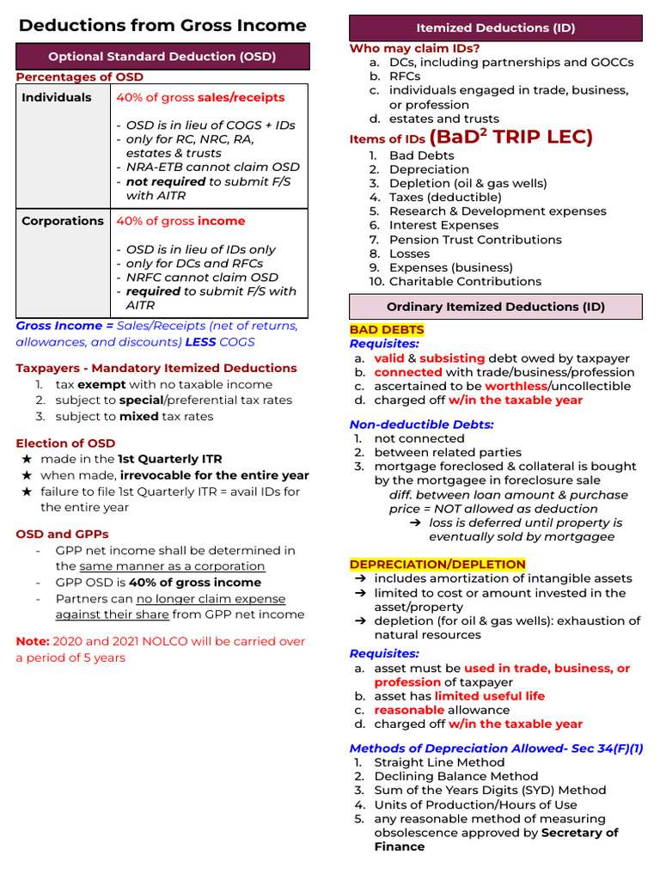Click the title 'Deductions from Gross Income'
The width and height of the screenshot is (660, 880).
[x=162, y=25]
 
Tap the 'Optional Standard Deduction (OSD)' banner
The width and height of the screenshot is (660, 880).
[x=162, y=57]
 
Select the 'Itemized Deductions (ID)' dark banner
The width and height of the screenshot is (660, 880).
[x=495, y=28]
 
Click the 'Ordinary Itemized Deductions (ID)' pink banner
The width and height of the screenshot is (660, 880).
[x=495, y=307]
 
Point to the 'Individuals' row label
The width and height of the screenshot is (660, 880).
[x=57, y=98]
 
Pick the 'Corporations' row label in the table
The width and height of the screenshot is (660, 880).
[x=63, y=222]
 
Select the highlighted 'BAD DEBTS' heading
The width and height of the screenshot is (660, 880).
[x=386, y=330]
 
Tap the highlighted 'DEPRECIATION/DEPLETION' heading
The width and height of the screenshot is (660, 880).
[x=437, y=565]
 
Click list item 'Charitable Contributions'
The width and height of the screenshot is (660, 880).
[x=465, y=282]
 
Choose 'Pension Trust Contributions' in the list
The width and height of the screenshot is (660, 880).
[x=475, y=240]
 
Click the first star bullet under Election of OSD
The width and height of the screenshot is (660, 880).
[x=27, y=460]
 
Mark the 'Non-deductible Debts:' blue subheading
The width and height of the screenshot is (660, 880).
[x=421, y=425]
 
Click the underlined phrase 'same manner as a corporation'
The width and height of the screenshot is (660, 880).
[x=172, y=566]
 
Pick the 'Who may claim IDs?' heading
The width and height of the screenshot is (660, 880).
[x=414, y=49]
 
